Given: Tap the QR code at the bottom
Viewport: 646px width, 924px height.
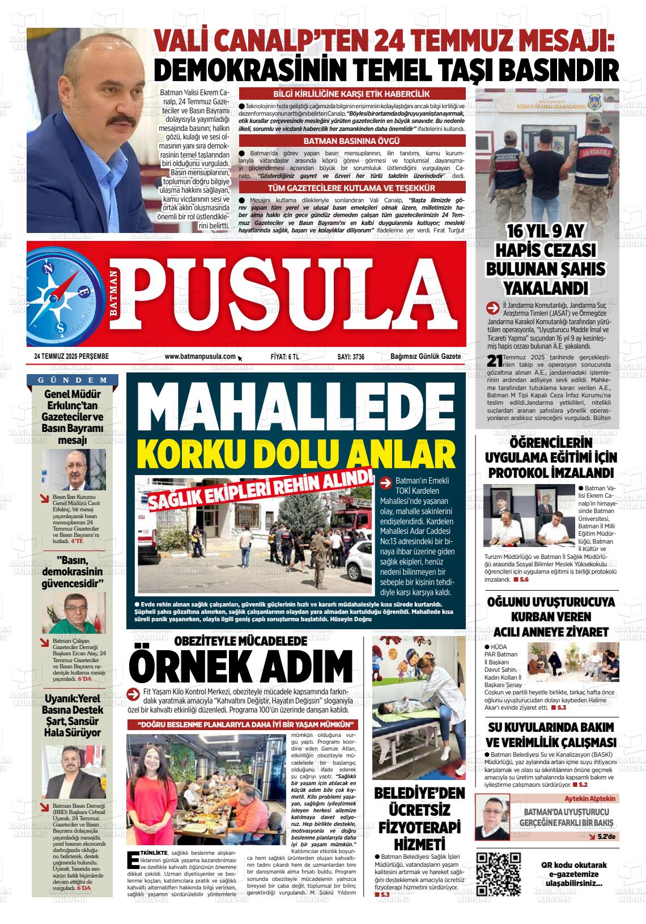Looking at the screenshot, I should (499, 874).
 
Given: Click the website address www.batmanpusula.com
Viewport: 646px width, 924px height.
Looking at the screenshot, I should (200, 356).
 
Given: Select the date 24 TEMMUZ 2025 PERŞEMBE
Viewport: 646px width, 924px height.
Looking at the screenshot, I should (71, 356).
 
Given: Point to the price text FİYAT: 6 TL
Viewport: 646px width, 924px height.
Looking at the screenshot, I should (285, 356).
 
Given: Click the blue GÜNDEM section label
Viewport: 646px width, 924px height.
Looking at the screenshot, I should (73, 380).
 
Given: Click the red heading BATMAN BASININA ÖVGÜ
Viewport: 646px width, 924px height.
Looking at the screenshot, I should (352, 141).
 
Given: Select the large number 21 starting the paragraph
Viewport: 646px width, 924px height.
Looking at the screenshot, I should (495, 361).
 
